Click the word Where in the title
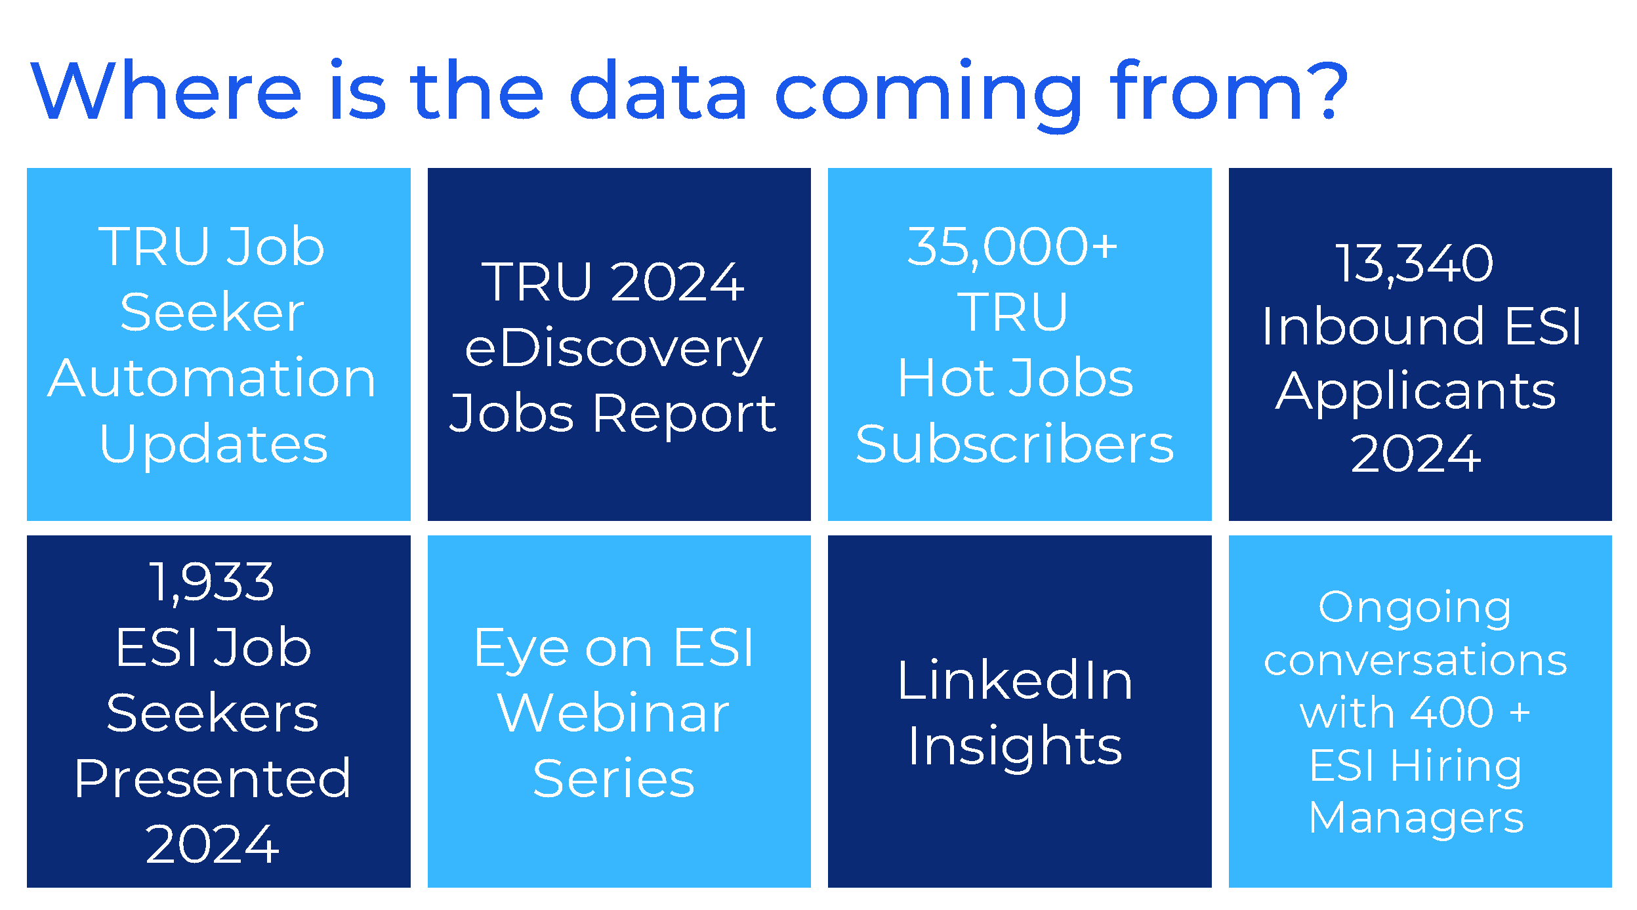click(166, 91)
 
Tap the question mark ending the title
click(1328, 91)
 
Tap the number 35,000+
click(1012, 248)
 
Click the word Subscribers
click(1015, 444)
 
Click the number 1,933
click(212, 583)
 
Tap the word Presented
click(212, 778)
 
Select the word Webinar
click(613, 713)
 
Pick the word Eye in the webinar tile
click(522, 650)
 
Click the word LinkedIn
click(1015, 681)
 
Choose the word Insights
click(1015, 748)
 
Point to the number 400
click(1452, 713)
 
